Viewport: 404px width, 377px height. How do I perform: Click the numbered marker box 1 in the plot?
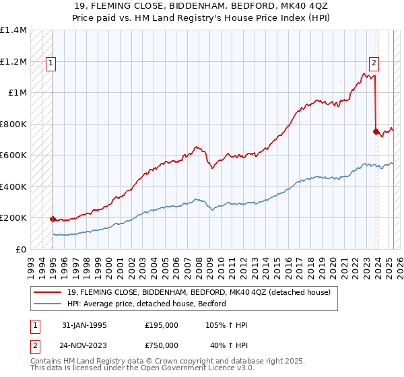pyautogui.click(x=51, y=64)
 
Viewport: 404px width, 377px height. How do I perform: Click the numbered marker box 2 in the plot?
pyautogui.click(x=374, y=64)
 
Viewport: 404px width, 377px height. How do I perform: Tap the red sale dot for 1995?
pyautogui.click(x=53, y=219)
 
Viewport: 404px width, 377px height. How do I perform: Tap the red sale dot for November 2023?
pyautogui.click(x=376, y=131)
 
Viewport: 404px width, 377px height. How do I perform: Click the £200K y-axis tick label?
pyautogui.click(x=13, y=218)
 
